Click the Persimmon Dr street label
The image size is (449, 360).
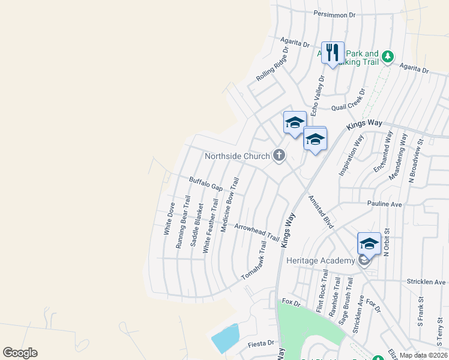pos(334,14)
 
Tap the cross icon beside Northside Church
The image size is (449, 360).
pos(279,156)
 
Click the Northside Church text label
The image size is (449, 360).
pos(237,156)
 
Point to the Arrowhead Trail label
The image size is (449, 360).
pos(257,232)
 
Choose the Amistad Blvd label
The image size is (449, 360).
pos(321,211)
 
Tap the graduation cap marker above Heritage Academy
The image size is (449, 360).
pos(369,244)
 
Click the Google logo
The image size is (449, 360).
pos(20,353)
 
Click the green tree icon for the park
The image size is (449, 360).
pos(388,56)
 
